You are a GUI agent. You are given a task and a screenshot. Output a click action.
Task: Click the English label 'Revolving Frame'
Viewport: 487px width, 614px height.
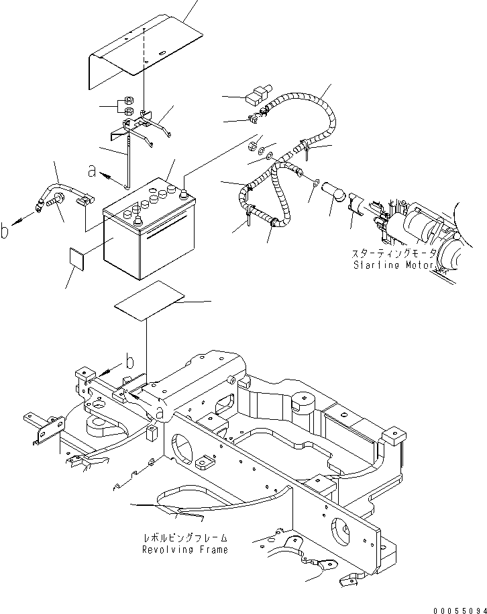pyautogui.click(x=184, y=550)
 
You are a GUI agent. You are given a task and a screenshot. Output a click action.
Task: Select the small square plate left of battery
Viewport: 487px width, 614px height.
pyautogui.click(x=77, y=258)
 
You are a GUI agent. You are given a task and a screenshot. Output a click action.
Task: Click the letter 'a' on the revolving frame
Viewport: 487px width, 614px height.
pyautogui.click(x=159, y=411)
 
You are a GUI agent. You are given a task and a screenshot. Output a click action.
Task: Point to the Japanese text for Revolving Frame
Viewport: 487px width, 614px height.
pyautogui.click(x=184, y=538)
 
